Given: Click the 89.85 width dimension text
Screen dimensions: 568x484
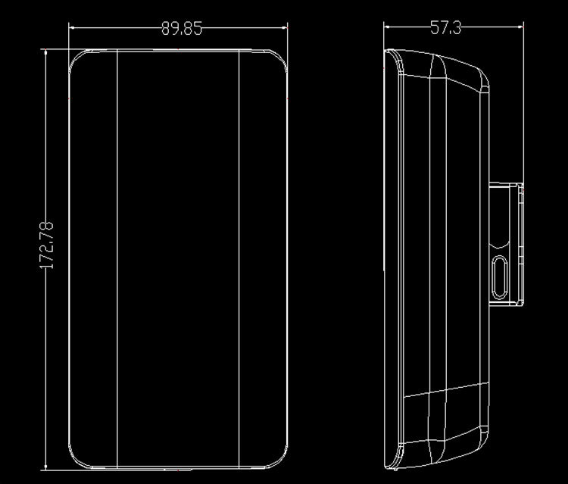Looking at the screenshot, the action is coord(182,28).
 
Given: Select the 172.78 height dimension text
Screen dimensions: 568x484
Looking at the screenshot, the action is coord(46,245).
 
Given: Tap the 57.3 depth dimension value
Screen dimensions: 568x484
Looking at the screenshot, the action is coord(445,27).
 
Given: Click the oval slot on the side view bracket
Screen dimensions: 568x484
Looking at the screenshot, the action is coord(500,277).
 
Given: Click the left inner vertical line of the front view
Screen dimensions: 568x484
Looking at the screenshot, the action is coord(117,259).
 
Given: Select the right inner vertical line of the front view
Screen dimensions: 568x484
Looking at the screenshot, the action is coord(239,259).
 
